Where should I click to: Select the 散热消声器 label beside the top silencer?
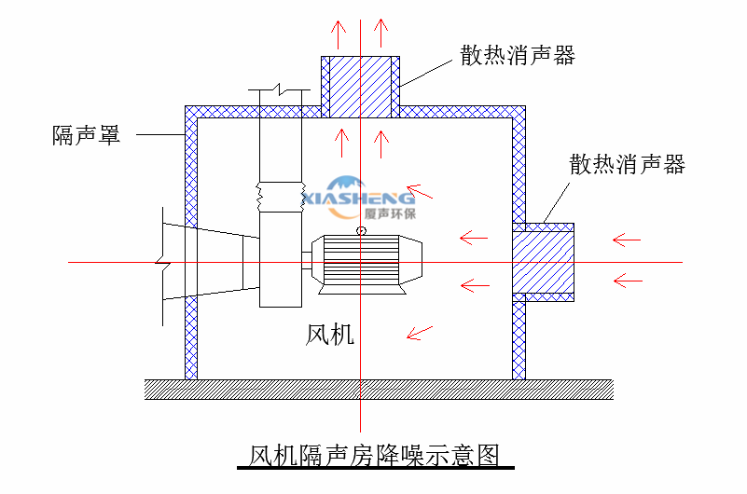(517, 55)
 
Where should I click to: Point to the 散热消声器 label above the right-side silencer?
(627, 164)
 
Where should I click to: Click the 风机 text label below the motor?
(330, 334)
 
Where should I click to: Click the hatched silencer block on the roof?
(361, 87)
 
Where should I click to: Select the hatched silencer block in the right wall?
(543, 262)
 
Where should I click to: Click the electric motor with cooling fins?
(364, 262)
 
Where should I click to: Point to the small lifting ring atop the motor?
(361, 230)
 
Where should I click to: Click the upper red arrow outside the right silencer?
(626, 240)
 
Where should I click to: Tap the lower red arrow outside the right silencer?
(626, 278)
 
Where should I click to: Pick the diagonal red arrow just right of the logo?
(421, 194)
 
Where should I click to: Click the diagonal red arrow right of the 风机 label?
(421, 330)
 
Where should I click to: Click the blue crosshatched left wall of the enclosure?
(191, 242)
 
